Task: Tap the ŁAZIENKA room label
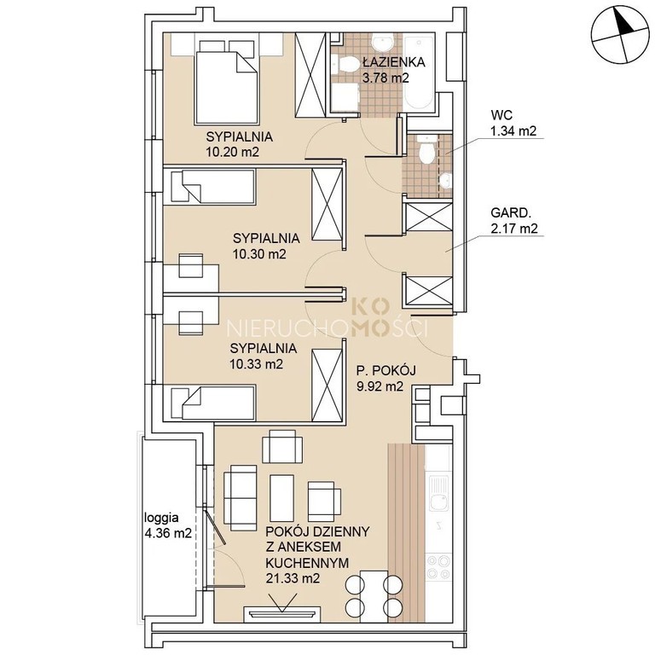pyautogui.click(x=394, y=62)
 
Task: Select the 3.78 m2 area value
pyautogui.click(x=385, y=78)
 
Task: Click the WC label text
pyautogui.click(x=501, y=115)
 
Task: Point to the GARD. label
pyautogui.click(x=511, y=212)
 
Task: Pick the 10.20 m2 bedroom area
pyautogui.click(x=232, y=151)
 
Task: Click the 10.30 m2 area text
pyautogui.click(x=259, y=253)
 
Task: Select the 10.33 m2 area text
pyautogui.click(x=256, y=364)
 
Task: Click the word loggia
pyautogui.click(x=161, y=518)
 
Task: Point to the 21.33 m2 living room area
pyautogui.click(x=293, y=578)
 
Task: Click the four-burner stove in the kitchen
pyautogui.click(x=438, y=566)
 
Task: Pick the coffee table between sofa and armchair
pyautogui.click(x=282, y=498)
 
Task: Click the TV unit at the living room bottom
pyautogui.click(x=282, y=614)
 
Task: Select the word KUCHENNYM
pyautogui.click(x=307, y=563)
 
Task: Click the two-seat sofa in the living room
pyautogui.click(x=241, y=498)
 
